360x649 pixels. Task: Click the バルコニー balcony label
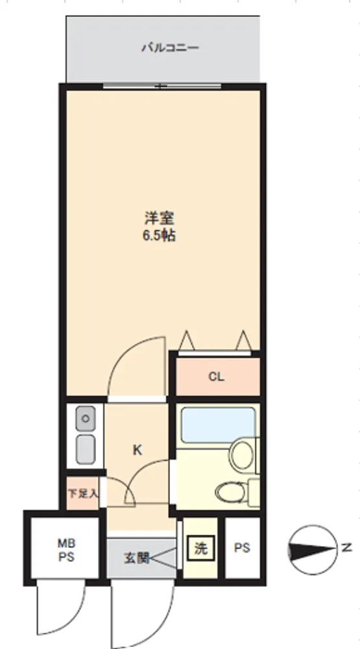click(x=170, y=47)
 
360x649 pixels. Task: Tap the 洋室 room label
click(x=159, y=218)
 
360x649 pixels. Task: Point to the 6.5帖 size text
click(x=159, y=236)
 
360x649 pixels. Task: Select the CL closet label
click(x=216, y=376)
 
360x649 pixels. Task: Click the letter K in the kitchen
click(x=138, y=450)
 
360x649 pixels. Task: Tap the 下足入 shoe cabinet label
click(x=83, y=494)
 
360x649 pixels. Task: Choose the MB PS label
click(x=66, y=550)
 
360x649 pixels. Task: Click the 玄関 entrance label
click(x=136, y=558)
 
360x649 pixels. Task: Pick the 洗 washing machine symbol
click(x=200, y=549)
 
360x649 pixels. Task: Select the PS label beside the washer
click(x=242, y=548)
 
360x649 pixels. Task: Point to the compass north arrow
click(x=313, y=550)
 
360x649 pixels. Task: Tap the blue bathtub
click(x=218, y=425)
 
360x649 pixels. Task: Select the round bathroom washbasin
click(x=242, y=456)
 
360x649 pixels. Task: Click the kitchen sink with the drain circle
click(x=85, y=419)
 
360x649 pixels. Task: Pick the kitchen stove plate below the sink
click(x=85, y=448)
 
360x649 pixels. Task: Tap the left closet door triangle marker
click(x=187, y=340)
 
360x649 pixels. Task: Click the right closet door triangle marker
click(x=243, y=340)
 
